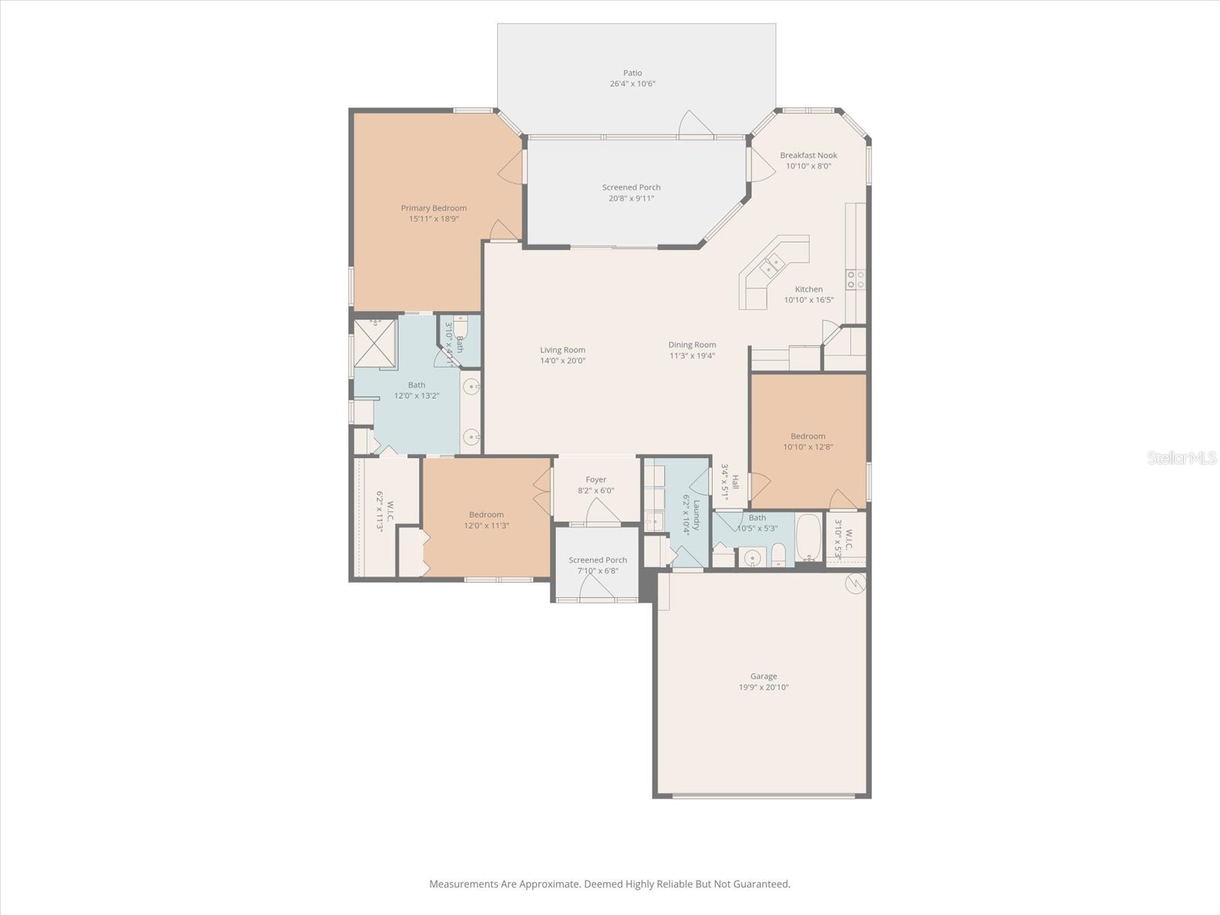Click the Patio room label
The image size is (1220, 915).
(632, 73)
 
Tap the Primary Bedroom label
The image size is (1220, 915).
(434, 208)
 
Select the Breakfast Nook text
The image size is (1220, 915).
(808, 156)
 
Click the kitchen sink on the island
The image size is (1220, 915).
(774, 265)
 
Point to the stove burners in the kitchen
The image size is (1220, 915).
(855, 279)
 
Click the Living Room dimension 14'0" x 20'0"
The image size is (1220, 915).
(563, 361)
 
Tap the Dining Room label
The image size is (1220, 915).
(692, 345)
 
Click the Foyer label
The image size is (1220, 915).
(596, 480)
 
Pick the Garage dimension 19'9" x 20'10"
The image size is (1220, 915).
(763, 687)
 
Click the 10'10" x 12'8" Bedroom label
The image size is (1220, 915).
(807, 437)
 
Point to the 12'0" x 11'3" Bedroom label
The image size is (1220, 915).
(486, 515)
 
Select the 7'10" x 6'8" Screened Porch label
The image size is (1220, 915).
(598, 560)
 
